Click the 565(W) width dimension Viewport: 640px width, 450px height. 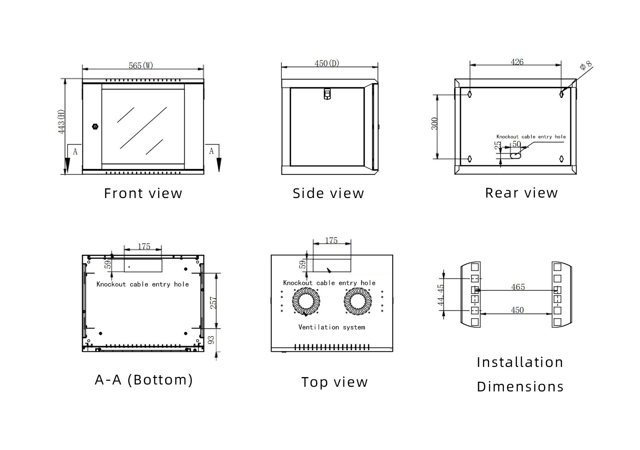click(141, 66)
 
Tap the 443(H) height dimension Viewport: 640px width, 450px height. click(61, 122)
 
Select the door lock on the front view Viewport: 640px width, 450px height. click(96, 126)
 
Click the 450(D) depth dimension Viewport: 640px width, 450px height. click(327, 63)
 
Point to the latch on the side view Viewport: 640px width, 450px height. click(327, 94)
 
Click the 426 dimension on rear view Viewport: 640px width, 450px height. click(517, 62)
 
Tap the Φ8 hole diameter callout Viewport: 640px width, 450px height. click(586, 66)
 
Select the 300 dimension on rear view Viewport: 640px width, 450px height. click(435, 124)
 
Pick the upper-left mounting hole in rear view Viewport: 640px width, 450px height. click(470, 94)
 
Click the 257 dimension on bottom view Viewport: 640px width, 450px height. click(213, 302)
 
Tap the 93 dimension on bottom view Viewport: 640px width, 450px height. click(211, 340)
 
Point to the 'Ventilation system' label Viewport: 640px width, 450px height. click(331, 327)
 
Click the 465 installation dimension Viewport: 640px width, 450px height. click(518, 287)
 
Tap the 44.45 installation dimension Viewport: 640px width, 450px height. click(441, 294)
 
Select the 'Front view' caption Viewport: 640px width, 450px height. click(143, 193)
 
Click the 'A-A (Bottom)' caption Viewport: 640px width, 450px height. click(144, 380)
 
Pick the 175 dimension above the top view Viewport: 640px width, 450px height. click(331, 240)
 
